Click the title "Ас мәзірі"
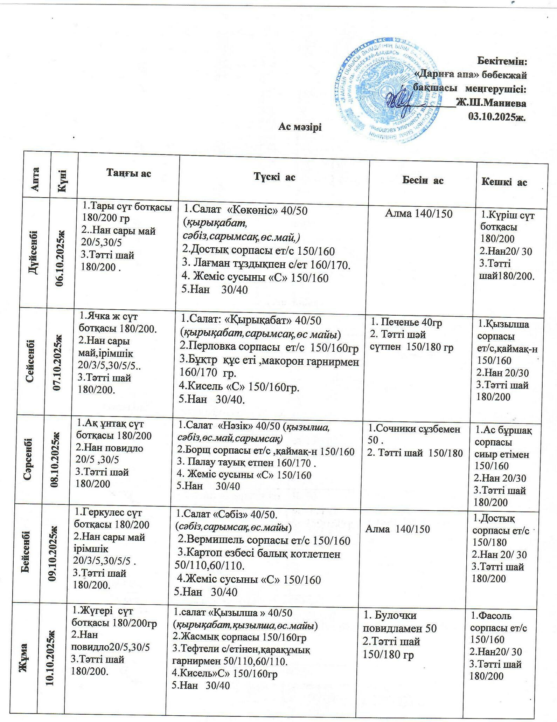tap(300, 127)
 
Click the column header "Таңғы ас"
tap(129, 173)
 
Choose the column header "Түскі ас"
tap(274, 177)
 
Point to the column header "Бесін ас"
tap(423, 180)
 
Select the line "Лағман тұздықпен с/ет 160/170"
tap(266, 264)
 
